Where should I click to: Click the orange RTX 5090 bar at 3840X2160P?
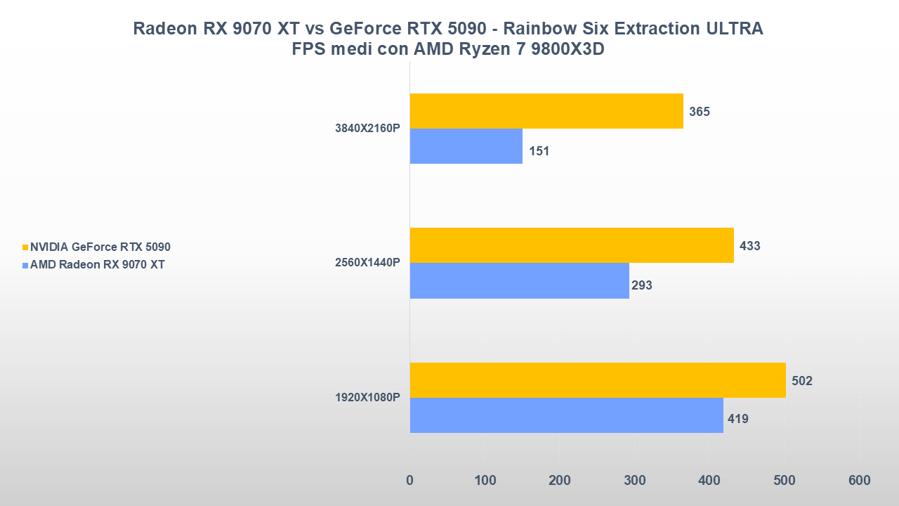tap(546, 111)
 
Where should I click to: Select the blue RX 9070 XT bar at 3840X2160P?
tap(466, 146)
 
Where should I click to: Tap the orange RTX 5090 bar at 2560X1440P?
tap(572, 245)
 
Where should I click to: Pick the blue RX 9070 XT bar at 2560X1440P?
tap(519, 280)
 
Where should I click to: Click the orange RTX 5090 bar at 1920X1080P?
tap(598, 380)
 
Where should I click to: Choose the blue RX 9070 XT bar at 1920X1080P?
tap(566, 415)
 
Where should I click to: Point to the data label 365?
tap(700, 112)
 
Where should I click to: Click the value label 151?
tap(539, 151)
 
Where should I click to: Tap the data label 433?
tap(750, 246)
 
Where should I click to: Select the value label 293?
tap(642, 285)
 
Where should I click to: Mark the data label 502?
tap(802, 381)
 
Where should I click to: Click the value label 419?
tap(738, 420)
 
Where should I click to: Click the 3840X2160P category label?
tap(368, 129)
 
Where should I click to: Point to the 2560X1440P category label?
tap(368, 263)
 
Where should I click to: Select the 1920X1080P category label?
tap(368, 398)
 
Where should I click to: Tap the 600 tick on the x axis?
tap(859, 481)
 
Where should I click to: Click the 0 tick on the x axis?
tap(410, 481)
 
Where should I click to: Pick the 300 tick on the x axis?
tap(634, 481)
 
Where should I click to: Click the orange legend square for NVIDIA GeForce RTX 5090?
tap(26, 247)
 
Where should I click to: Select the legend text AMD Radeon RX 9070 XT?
tap(98, 265)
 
